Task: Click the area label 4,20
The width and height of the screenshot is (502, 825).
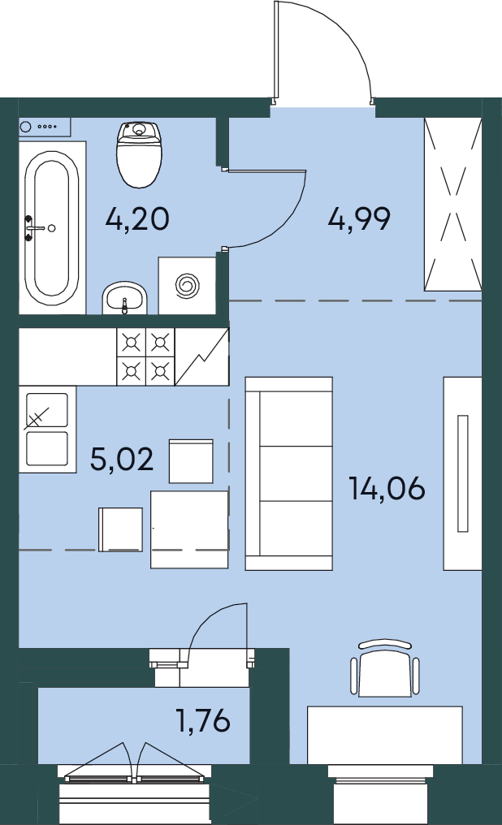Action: [x=136, y=219]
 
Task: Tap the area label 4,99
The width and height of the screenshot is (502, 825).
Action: [x=359, y=219]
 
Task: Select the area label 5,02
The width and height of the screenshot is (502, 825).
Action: [x=122, y=459]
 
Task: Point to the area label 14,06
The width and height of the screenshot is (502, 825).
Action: [x=387, y=488]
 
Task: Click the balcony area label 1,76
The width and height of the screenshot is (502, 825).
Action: [x=204, y=721]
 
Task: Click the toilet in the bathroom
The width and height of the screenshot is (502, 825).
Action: [x=139, y=154]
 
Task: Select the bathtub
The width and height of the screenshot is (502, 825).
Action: [x=52, y=228]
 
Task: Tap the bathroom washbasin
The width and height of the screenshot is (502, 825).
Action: [x=125, y=297]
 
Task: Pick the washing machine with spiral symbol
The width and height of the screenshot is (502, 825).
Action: [x=188, y=286]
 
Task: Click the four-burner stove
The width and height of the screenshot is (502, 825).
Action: [x=145, y=357]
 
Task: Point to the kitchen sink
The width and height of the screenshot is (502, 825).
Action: [x=47, y=430]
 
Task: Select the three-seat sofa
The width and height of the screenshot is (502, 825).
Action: [x=289, y=473]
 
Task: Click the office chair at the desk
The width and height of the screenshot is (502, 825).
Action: [x=385, y=669]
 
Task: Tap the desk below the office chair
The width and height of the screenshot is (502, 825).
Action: [x=385, y=735]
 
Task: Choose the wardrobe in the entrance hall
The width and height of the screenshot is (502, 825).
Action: [x=453, y=204]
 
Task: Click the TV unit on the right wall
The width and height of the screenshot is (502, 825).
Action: [x=462, y=473]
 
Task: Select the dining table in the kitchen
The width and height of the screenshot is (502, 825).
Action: [x=189, y=529]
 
